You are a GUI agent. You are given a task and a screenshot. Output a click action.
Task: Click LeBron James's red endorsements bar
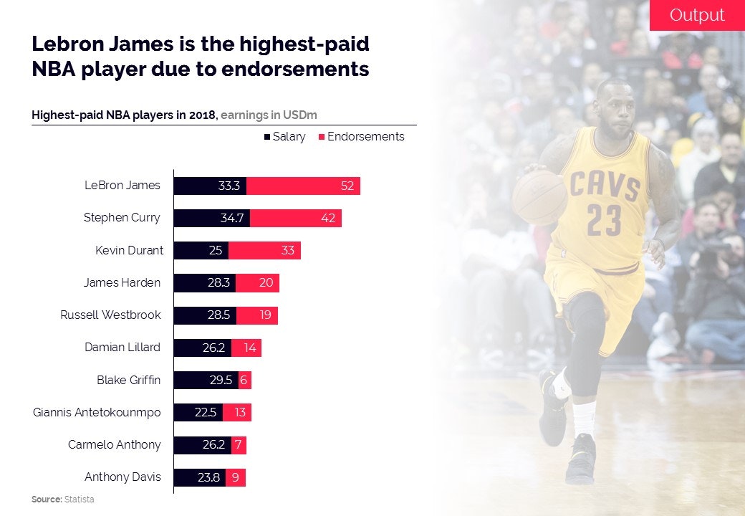click(x=303, y=186)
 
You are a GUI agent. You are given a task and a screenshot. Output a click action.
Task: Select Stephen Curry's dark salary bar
click(x=212, y=218)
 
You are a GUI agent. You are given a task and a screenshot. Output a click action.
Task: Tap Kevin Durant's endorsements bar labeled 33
click(x=264, y=250)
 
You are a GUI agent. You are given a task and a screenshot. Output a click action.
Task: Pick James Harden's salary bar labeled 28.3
click(x=205, y=282)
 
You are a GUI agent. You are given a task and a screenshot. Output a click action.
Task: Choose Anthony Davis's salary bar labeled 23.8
click(x=200, y=477)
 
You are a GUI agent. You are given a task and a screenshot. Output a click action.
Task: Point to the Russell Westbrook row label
click(x=110, y=315)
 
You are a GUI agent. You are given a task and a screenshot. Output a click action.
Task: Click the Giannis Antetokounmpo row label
click(x=97, y=412)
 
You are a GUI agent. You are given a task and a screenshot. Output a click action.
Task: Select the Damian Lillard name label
click(x=122, y=347)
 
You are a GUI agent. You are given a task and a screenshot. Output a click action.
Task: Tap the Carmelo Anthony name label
click(x=115, y=444)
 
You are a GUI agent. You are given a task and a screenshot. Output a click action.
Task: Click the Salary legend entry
click(x=285, y=136)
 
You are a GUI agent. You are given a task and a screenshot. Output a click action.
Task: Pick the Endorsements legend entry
click(x=362, y=136)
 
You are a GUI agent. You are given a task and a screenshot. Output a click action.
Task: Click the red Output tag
click(x=696, y=15)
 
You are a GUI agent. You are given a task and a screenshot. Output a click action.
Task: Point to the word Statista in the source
click(x=80, y=499)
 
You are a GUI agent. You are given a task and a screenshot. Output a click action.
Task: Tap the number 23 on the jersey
click(x=605, y=220)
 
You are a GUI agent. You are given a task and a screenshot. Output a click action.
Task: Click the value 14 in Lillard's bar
click(x=249, y=347)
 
